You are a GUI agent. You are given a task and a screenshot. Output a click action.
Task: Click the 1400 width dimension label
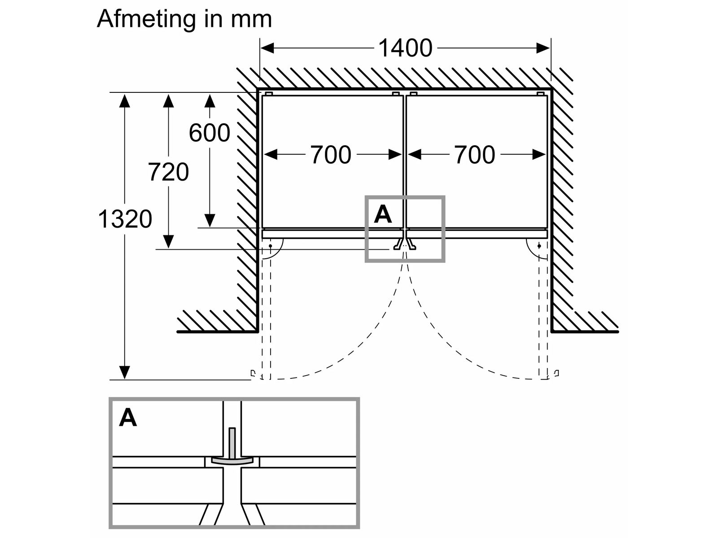point(405,48)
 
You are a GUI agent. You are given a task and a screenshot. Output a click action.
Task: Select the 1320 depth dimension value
point(125,219)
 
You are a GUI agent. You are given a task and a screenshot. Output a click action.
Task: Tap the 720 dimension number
point(168,172)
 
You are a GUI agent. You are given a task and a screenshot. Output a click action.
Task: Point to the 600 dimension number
point(209,133)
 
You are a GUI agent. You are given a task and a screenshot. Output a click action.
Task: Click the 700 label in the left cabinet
point(331,155)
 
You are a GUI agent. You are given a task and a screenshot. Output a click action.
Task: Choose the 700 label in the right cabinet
point(475,155)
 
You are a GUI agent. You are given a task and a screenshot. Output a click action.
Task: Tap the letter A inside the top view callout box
point(383,214)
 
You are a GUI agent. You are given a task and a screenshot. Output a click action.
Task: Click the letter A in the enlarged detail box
point(128,418)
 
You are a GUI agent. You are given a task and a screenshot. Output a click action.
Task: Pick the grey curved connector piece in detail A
point(232,461)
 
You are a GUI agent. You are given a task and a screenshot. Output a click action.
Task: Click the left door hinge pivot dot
point(271,246)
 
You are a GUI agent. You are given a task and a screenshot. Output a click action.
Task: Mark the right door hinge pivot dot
point(539,246)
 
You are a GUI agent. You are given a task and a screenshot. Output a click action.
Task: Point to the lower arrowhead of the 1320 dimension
point(125,372)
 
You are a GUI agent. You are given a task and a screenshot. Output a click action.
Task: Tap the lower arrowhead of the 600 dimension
point(209,221)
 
